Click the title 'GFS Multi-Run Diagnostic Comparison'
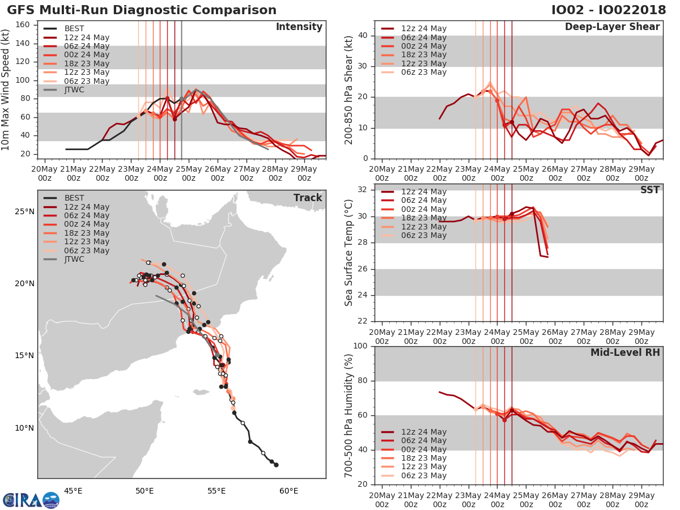(x=142, y=10)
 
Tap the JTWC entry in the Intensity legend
(x=74, y=90)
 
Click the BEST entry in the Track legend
(x=74, y=198)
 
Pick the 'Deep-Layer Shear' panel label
(x=612, y=27)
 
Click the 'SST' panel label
(x=650, y=190)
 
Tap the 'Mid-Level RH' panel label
(x=625, y=352)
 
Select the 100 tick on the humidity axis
(x=360, y=346)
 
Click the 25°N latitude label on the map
(x=24, y=212)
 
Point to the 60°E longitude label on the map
(x=289, y=491)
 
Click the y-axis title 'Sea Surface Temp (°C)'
(x=349, y=253)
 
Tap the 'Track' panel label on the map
(x=308, y=198)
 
